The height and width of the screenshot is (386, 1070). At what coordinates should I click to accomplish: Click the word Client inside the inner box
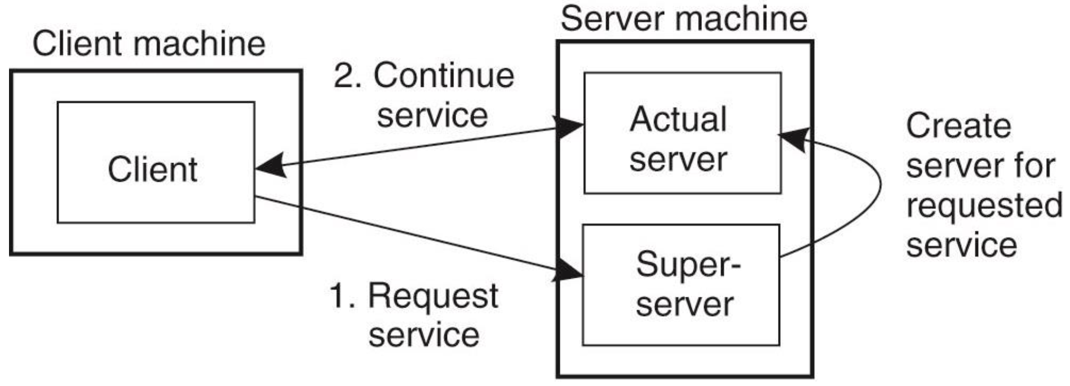[x=152, y=169]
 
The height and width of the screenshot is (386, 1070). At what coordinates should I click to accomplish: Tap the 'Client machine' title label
[x=149, y=44]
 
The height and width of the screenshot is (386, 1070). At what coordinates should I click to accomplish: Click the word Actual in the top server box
[x=678, y=119]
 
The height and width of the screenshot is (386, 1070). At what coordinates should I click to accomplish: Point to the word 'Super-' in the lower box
[x=688, y=264]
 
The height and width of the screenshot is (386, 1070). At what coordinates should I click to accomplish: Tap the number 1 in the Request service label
[x=339, y=296]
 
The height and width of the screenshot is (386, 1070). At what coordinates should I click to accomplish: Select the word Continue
[x=444, y=75]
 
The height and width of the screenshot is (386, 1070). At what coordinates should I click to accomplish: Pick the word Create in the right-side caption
[x=958, y=126]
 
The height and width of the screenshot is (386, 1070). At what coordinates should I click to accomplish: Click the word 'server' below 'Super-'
[x=684, y=305]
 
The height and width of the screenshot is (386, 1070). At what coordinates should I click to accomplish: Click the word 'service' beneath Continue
[x=432, y=116]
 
